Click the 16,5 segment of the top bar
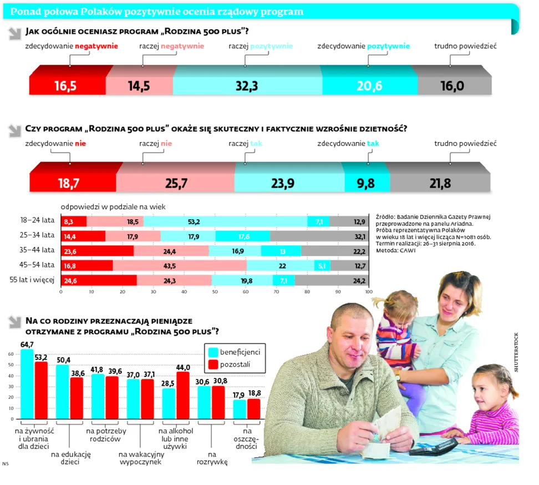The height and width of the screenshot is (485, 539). [67, 85]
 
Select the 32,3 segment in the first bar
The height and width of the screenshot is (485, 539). [247, 85]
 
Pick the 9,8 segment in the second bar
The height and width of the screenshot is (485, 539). [365, 183]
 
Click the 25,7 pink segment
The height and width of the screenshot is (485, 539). [176, 183]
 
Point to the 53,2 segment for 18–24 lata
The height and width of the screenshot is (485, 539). [225, 221]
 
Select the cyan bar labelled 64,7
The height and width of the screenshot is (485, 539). [27, 383]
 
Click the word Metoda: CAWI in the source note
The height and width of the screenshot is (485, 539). [394, 250]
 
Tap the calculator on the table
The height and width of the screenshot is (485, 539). [434, 446]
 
